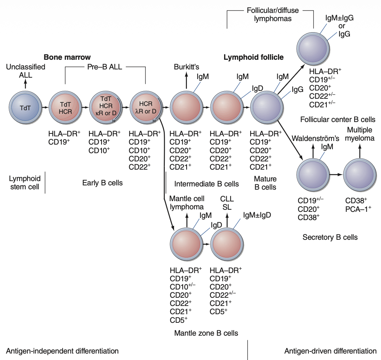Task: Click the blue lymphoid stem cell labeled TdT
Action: point(25,107)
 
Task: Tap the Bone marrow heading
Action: point(67,57)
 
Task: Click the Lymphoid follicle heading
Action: point(253,57)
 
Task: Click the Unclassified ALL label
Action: point(25,70)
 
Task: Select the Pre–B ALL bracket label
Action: point(105,67)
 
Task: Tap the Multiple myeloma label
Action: point(359,134)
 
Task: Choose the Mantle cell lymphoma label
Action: point(187,202)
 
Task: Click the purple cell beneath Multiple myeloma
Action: point(360,174)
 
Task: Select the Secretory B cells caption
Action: point(330,237)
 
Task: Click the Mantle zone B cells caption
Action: point(206,333)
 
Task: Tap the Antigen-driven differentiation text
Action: point(330,351)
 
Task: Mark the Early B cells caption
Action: point(102,183)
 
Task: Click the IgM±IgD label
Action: point(257,215)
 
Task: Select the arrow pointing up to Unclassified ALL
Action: point(25,83)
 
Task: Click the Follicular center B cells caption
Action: point(338,119)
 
